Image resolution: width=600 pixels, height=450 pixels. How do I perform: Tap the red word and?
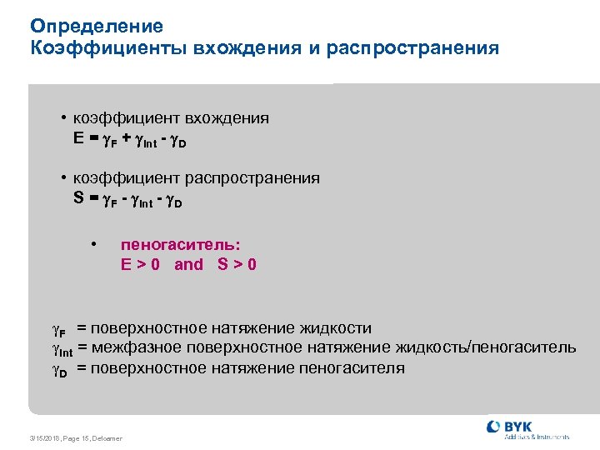point(188,265)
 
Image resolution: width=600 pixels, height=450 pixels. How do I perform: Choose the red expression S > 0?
point(237,265)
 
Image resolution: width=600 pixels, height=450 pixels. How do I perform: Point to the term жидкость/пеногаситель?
point(492,347)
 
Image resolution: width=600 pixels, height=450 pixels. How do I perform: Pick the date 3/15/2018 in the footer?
point(42,438)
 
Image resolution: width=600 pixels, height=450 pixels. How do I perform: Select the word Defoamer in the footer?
point(107,438)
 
